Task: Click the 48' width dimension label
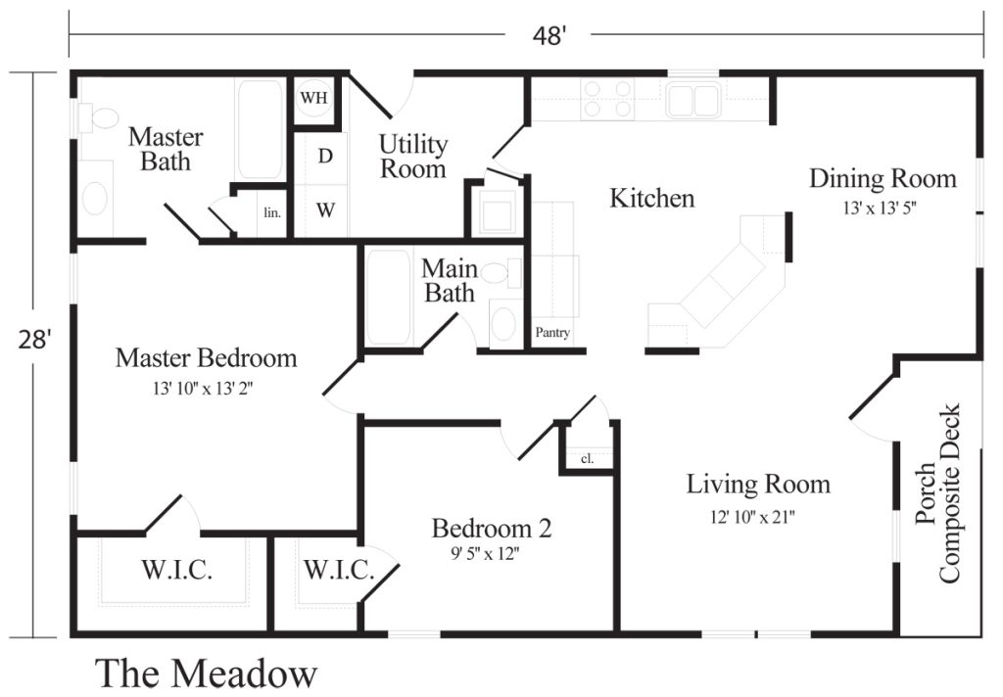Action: [x=549, y=35]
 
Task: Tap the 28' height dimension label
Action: [x=33, y=340]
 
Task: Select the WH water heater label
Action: [x=313, y=97]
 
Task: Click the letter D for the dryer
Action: [x=325, y=156]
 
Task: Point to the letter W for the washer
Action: [x=325, y=209]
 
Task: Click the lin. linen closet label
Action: [x=272, y=212]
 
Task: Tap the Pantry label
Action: [x=552, y=332]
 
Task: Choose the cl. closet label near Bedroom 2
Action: [x=587, y=458]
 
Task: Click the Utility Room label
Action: [x=413, y=157]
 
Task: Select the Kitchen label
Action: [x=651, y=198]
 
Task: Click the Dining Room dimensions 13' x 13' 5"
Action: [x=881, y=208]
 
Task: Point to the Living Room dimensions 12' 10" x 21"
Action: [x=752, y=516]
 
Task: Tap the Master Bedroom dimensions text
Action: [x=203, y=388]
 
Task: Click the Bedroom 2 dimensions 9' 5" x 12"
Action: [x=484, y=553]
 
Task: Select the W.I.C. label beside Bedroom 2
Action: [x=338, y=569]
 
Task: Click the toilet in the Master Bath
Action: [x=98, y=117]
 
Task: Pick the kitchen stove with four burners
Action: [x=607, y=99]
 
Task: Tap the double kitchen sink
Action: [x=693, y=100]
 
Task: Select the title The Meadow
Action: [x=206, y=674]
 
